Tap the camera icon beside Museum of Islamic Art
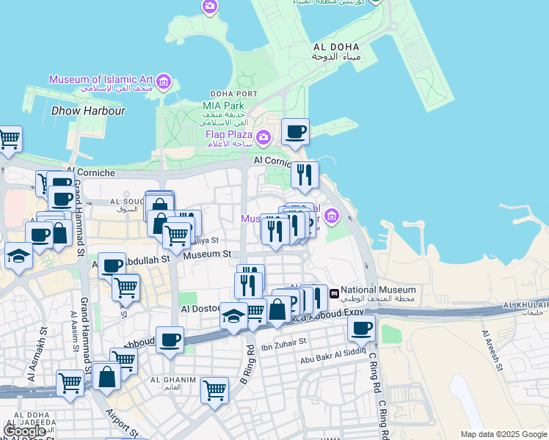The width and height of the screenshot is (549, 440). click(164, 81)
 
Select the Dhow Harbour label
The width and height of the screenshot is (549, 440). click(89, 111)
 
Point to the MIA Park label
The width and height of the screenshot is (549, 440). click(223, 106)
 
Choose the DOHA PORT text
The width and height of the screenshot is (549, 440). click(233, 94)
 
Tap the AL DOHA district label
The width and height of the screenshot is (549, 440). click(335, 47)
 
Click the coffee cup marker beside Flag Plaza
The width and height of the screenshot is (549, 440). click(295, 132)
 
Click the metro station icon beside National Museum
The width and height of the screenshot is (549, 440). click(335, 293)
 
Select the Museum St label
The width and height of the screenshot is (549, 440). click(207, 254)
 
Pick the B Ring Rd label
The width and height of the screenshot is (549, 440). click(247, 364)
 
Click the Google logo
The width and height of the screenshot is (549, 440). click(24, 431)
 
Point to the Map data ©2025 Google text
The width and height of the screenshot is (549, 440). click(503, 434)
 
